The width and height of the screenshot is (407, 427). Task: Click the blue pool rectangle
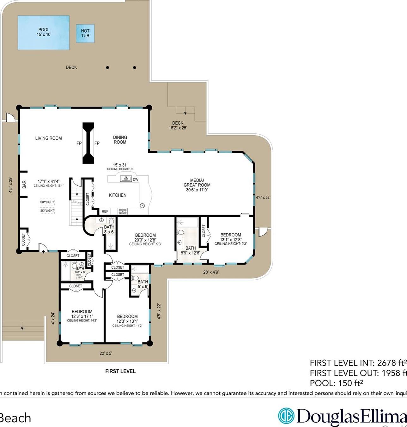pyautogui.click(x=44, y=33)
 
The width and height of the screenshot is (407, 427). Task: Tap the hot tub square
pyautogui.click(x=85, y=34)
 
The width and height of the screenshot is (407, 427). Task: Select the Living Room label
pyautogui.click(x=48, y=138)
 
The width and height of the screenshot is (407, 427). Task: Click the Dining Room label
pyautogui.click(x=120, y=140)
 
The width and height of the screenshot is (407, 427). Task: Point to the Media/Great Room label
pyautogui.click(x=197, y=185)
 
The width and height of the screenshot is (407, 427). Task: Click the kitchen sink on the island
pyautogui.click(x=126, y=179)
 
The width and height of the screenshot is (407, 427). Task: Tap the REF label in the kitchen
pyautogui.click(x=105, y=211)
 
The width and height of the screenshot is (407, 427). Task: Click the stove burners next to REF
pyautogui.click(x=123, y=211)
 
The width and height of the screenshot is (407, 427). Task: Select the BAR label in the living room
pyautogui.click(x=24, y=185)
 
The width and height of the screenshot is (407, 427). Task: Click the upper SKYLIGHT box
pyautogui.click(x=47, y=202)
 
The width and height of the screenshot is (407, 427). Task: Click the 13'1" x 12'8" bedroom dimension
pyautogui.click(x=231, y=239)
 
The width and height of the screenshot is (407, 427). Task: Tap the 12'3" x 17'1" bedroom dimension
pyautogui.click(x=82, y=316)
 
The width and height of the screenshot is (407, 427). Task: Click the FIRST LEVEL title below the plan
pyautogui.click(x=120, y=371)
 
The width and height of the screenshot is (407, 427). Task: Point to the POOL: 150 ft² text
pyautogui.click(x=336, y=383)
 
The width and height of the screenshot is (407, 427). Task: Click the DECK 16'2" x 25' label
pyautogui.click(x=178, y=125)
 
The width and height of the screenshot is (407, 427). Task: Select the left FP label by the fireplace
pyautogui.click(x=79, y=143)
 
